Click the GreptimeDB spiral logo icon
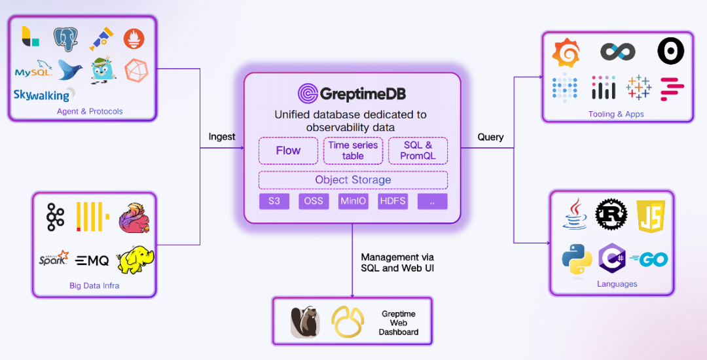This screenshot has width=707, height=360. tap(308, 94)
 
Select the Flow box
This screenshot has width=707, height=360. tap(288, 151)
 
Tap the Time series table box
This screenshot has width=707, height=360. tap(353, 151)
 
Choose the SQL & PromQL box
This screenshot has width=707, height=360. tap(418, 151)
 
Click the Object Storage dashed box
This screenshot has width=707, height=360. tap(353, 180)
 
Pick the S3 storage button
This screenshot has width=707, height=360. tap(274, 201)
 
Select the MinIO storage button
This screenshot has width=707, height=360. tap(353, 201)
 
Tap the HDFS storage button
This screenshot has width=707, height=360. tap(392, 201)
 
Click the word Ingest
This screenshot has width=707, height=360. tap(222, 137)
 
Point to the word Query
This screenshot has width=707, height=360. tap(490, 137)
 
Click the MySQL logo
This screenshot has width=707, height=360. tap(33, 71)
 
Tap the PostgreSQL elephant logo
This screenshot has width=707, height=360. tap(65, 39)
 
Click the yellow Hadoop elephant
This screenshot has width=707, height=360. tap(136, 260)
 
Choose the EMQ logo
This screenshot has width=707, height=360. tap(92, 261)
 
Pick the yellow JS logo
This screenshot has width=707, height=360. tap(650, 215)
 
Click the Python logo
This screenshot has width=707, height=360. tap(577, 260)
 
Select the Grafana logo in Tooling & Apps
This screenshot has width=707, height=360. tap(566, 52)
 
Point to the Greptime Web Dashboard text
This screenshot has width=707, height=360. tap(398, 323)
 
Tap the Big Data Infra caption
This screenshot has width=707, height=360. tap(94, 285)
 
